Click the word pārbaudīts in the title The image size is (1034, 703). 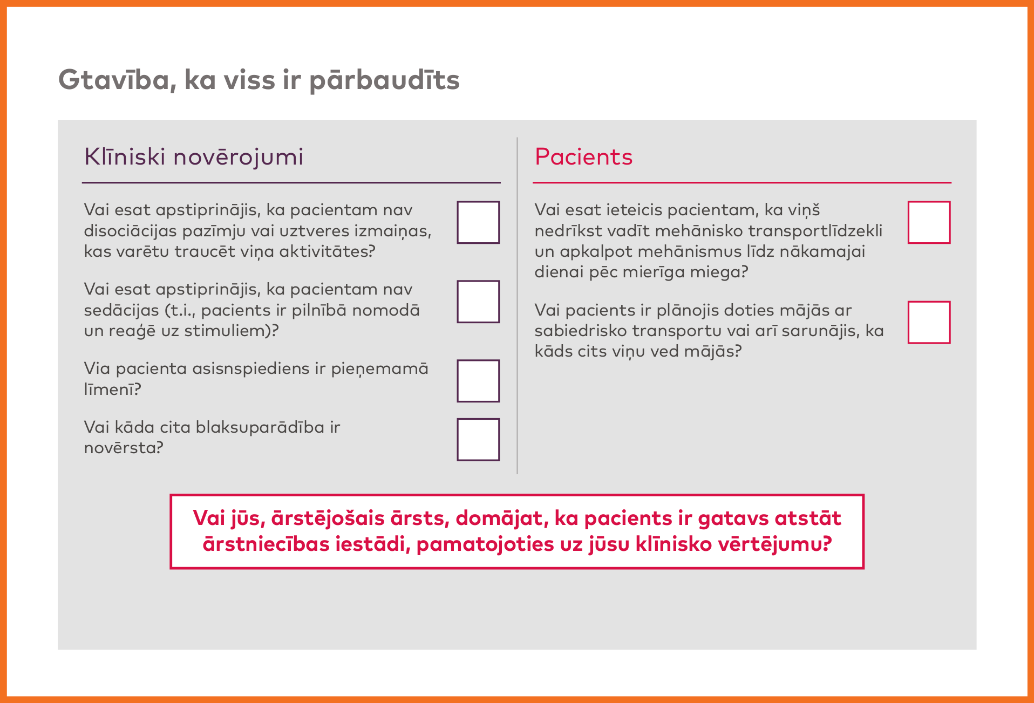tap(384, 80)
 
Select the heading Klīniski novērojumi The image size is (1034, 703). tap(194, 157)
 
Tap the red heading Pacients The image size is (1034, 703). tap(583, 157)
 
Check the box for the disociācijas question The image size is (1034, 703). tap(478, 222)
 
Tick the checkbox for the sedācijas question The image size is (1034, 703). tap(478, 302)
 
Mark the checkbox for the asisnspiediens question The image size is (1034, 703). tap(478, 381)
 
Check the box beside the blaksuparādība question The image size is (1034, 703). tap(478, 439)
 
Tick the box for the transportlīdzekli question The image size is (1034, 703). tap(929, 222)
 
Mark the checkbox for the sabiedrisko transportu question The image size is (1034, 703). tap(929, 322)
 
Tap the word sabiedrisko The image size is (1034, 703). tap(581, 331)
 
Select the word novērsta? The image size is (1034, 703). tap(124, 448)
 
